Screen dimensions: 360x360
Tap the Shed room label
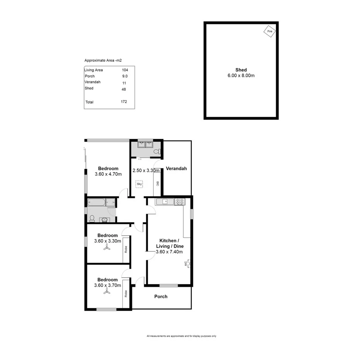[x=241, y=70]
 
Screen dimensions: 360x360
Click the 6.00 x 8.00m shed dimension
[x=241, y=76]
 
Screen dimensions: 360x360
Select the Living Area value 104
[x=124, y=70]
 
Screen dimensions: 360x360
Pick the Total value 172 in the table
[x=124, y=102]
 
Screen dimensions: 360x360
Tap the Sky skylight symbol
[x=139, y=184]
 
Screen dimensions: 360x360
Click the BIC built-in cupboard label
[x=157, y=184]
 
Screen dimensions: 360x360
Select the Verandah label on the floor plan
[x=176, y=168]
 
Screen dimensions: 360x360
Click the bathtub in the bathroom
[x=99, y=202]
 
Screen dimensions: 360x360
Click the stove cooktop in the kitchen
[x=180, y=201]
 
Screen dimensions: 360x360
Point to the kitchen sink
[x=165, y=201]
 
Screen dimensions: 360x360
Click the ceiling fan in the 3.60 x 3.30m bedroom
[x=107, y=249]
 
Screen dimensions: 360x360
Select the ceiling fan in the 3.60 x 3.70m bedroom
[x=107, y=293]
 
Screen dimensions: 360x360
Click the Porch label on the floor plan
[x=161, y=297]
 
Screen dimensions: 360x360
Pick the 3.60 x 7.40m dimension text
[x=169, y=252]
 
